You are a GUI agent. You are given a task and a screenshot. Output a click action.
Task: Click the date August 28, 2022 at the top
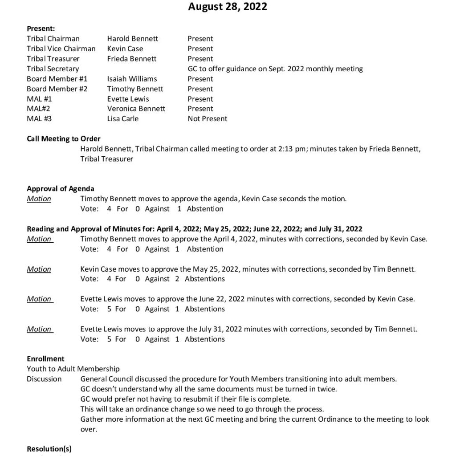(x=228, y=7)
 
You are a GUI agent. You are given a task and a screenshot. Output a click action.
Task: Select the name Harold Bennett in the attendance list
(x=132, y=39)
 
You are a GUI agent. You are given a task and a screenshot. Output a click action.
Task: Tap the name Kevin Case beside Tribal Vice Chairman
(x=125, y=49)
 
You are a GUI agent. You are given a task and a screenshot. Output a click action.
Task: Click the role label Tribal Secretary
(x=53, y=69)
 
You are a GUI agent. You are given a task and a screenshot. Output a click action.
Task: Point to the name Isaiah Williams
(x=132, y=79)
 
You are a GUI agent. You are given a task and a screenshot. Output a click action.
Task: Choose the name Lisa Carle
(x=122, y=118)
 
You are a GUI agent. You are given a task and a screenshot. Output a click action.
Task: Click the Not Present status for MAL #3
(x=207, y=118)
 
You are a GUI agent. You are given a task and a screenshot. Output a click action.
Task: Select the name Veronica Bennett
(x=136, y=109)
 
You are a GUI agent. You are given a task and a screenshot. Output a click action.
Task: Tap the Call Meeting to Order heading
(x=64, y=138)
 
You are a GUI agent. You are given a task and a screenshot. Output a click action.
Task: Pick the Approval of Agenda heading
(x=61, y=189)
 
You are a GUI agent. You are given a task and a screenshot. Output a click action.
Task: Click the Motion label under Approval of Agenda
(x=39, y=199)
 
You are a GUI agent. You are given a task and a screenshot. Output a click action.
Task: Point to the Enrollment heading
(x=45, y=358)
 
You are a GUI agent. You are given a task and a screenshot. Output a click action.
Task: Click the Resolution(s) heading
(x=49, y=448)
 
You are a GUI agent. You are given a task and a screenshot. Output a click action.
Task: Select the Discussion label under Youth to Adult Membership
(x=44, y=379)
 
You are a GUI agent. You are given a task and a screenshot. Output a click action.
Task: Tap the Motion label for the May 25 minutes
(x=39, y=269)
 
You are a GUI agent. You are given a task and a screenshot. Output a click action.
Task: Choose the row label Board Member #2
(x=57, y=89)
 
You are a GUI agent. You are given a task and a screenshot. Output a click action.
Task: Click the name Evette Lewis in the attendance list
(x=128, y=99)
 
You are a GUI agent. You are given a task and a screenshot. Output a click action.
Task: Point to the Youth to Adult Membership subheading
(x=73, y=369)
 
